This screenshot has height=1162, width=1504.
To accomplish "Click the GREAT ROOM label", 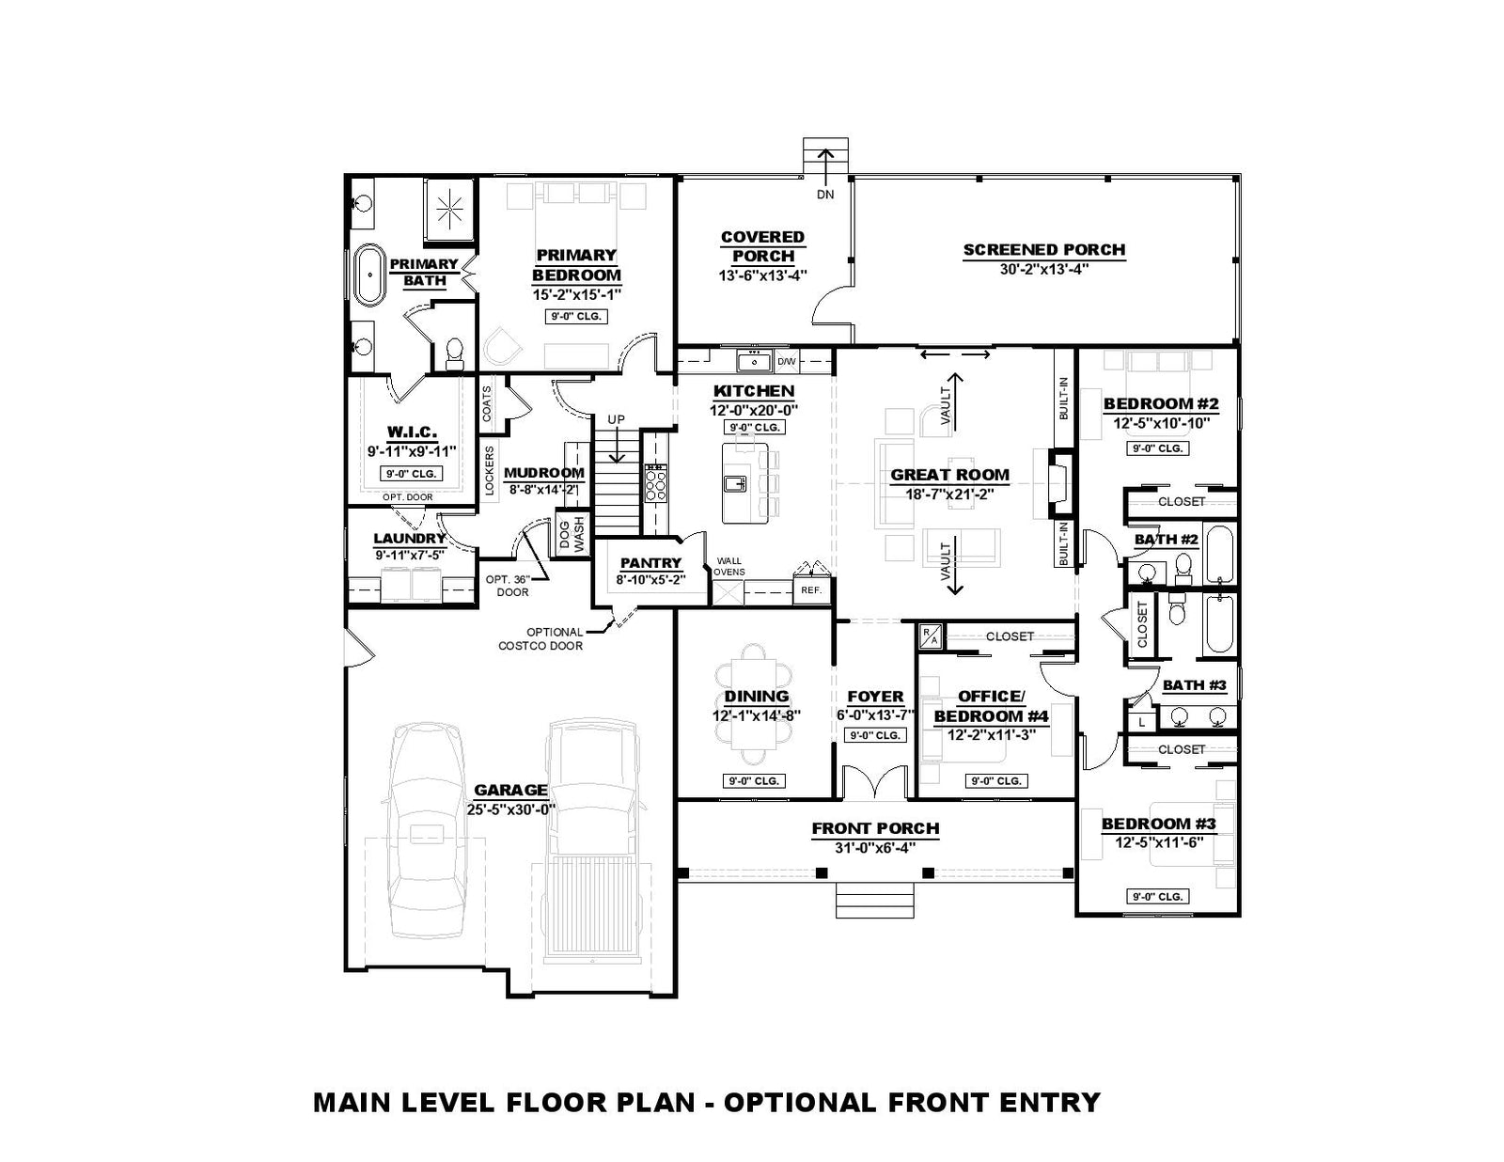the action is pos(949,475).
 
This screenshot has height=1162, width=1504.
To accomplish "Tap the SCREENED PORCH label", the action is pos(1043,250).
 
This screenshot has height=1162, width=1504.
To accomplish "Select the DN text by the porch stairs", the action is pos(825,196).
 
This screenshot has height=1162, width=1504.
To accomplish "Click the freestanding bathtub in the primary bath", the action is pos(370,275).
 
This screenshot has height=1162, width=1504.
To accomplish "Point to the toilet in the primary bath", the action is pos(455,353).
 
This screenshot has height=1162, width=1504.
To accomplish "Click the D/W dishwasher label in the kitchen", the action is pos(786,361).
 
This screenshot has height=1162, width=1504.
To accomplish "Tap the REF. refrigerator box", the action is pos(811,590).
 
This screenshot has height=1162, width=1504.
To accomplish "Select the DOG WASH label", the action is pos(572,536).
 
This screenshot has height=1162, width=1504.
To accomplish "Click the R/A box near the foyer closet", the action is pos(929,636).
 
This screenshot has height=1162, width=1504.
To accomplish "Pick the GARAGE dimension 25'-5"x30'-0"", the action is pos(511,809).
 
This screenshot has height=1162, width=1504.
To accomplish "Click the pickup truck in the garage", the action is pos(592,840).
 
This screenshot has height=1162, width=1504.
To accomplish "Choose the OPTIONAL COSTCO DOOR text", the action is pos(540,638).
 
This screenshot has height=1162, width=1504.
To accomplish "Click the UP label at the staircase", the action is pos(616,419).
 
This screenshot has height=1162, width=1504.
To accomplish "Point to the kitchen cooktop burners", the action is pos(656,482).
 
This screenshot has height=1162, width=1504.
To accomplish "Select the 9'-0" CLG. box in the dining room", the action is pos(754,780).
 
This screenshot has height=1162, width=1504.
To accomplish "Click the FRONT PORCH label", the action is pos(875,828).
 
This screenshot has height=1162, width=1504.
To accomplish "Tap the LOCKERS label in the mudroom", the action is pos(490,471).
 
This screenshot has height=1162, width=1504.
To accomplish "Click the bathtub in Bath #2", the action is pos(1219,555).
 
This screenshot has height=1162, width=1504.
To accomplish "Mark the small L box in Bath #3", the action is pos(1142,723).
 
